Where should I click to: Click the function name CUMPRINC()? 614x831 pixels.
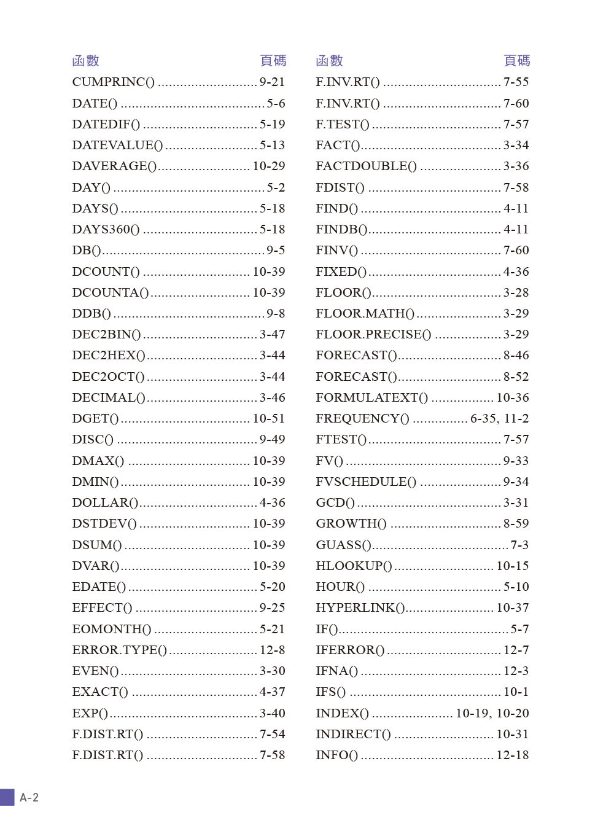pos(113,82)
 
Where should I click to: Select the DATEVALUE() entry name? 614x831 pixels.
pos(117,145)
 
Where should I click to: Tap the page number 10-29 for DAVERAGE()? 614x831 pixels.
pos(269,166)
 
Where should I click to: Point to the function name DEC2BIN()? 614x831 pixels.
pos(106,334)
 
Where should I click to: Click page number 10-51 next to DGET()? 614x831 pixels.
pos(269,418)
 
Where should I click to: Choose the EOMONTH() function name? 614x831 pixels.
pos(111,629)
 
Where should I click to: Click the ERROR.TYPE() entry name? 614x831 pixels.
pos(119,650)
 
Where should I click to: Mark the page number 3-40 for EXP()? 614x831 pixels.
pos(272,713)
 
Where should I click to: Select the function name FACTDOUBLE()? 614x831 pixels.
pos(366,166)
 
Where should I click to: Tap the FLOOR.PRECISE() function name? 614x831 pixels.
pos(373,334)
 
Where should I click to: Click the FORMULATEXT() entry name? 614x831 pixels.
pos(371,397)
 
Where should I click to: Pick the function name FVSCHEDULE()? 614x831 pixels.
pos(366,482)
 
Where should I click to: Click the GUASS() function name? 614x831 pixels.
pos(343,545)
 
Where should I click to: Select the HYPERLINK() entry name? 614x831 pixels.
pos(360,607)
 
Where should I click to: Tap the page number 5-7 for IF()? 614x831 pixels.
pos(519,629)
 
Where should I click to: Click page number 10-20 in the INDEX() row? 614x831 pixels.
pos(513,713)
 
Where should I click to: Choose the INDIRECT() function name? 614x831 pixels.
pos(353,734)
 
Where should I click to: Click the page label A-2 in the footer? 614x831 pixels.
pos(29,798)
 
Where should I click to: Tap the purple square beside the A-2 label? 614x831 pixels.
pos(7,798)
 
